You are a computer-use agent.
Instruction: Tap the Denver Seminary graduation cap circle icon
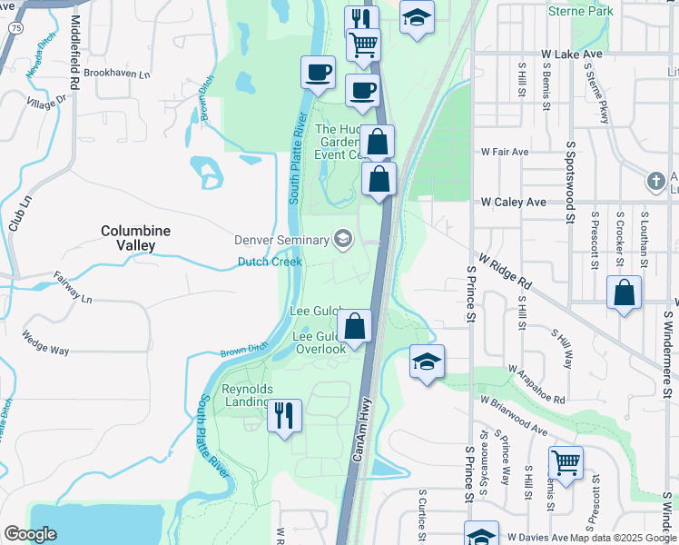pyautogui.click(x=343, y=239)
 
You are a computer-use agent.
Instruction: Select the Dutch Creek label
pyautogui.click(x=270, y=262)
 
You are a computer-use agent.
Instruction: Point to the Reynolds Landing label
pyautogui.click(x=246, y=395)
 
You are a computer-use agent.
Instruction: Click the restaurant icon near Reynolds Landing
pyautogui.click(x=284, y=416)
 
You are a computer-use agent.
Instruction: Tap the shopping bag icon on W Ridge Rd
pyautogui.click(x=624, y=292)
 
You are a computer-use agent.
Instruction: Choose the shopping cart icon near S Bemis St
pyautogui.click(x=566, y=462)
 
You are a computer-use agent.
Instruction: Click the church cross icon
pyautogui.click(x=655, y=182)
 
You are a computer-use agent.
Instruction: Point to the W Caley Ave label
pyautogui.click(x=513, y=202)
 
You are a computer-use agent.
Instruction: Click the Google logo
pyautogui.click(x=30, y=533)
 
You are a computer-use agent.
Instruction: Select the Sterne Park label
pyautogui.click(x=580, y=12)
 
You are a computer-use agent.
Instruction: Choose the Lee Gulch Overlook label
pyautogui.click(x=319, y=342)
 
